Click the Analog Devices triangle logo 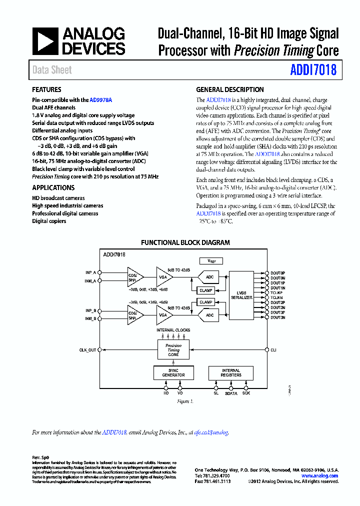(x=45, y=41)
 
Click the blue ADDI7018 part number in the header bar (x=313, y=70)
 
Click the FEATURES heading (x=47, y=90)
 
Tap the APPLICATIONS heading (x=53, y=188)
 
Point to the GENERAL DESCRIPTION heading (x=230, y=90)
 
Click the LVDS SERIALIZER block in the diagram (x=242, y=295)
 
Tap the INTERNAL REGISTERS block (x=231, y=373)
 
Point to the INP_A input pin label (x=90, y=272)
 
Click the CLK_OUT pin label (x=87, y=350)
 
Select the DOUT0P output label (x=278, y=272)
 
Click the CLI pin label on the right (x=273, y=350)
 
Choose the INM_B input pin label (x=90, y=318)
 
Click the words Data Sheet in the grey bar (x=52, y=70)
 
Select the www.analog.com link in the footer (x=320, y=476)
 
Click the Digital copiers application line (x=49, y=221)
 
